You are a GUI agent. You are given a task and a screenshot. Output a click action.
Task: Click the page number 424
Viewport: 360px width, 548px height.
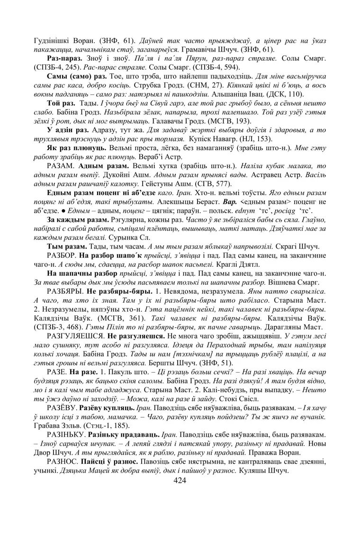pyautogui.click(x=180, y=480)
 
